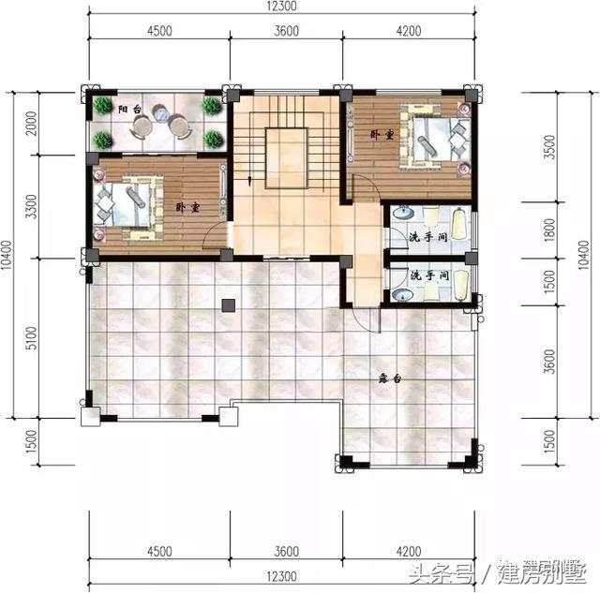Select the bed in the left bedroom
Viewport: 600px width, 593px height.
click(x=125, y=201)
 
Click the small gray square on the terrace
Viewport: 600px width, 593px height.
click(x=227, y=304)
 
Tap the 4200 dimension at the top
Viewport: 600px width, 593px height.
click(x=409, y=30)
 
